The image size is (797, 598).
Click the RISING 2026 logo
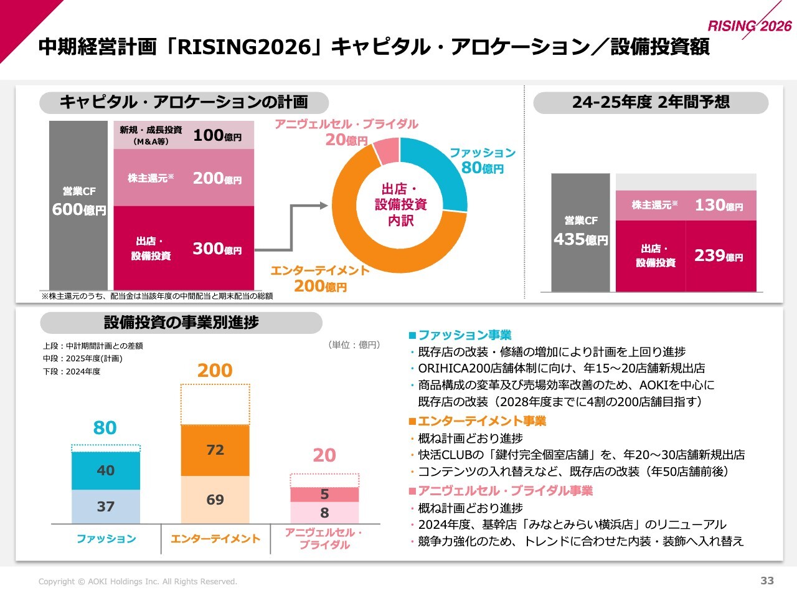750,26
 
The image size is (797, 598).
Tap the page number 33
767,581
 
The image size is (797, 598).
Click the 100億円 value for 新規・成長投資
217,135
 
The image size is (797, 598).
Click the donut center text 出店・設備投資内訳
400,204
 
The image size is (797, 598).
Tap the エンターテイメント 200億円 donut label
320,278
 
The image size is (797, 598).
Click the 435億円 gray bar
580,232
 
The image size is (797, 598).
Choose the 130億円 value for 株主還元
719,205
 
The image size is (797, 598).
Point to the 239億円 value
719,255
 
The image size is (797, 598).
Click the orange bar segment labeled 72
215,450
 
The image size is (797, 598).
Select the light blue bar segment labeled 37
106,506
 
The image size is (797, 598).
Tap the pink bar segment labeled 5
324,495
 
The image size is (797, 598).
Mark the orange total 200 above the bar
215,371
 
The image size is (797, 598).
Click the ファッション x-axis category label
106,539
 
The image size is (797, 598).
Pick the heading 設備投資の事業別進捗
181,323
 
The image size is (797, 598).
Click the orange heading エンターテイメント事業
481,421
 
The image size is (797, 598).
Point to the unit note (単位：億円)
354,345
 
